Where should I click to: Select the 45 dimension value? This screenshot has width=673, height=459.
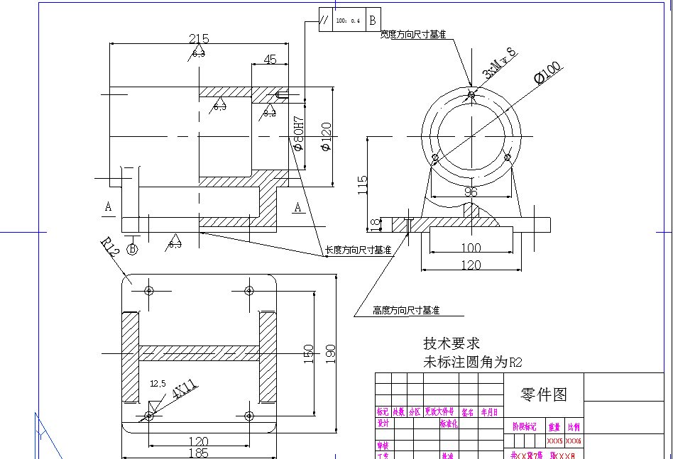270,60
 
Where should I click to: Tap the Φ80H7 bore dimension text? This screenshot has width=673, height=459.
299,135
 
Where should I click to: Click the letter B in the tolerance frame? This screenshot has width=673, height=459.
373,20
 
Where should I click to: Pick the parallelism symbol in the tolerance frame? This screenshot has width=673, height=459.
324,20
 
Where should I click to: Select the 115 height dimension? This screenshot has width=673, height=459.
363,184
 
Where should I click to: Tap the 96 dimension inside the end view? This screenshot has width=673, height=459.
471,192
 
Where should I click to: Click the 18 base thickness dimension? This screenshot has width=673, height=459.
374,224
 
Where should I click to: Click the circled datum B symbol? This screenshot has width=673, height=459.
132,248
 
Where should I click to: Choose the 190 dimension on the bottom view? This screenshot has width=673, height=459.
330,353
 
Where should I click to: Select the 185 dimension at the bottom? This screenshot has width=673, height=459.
198,453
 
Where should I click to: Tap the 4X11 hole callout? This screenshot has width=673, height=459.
184,389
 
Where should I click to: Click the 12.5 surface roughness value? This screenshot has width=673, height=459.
158,383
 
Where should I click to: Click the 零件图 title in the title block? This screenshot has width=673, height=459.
544,394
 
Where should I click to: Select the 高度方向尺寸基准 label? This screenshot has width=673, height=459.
406,310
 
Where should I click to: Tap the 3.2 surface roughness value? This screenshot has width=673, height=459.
270,113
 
